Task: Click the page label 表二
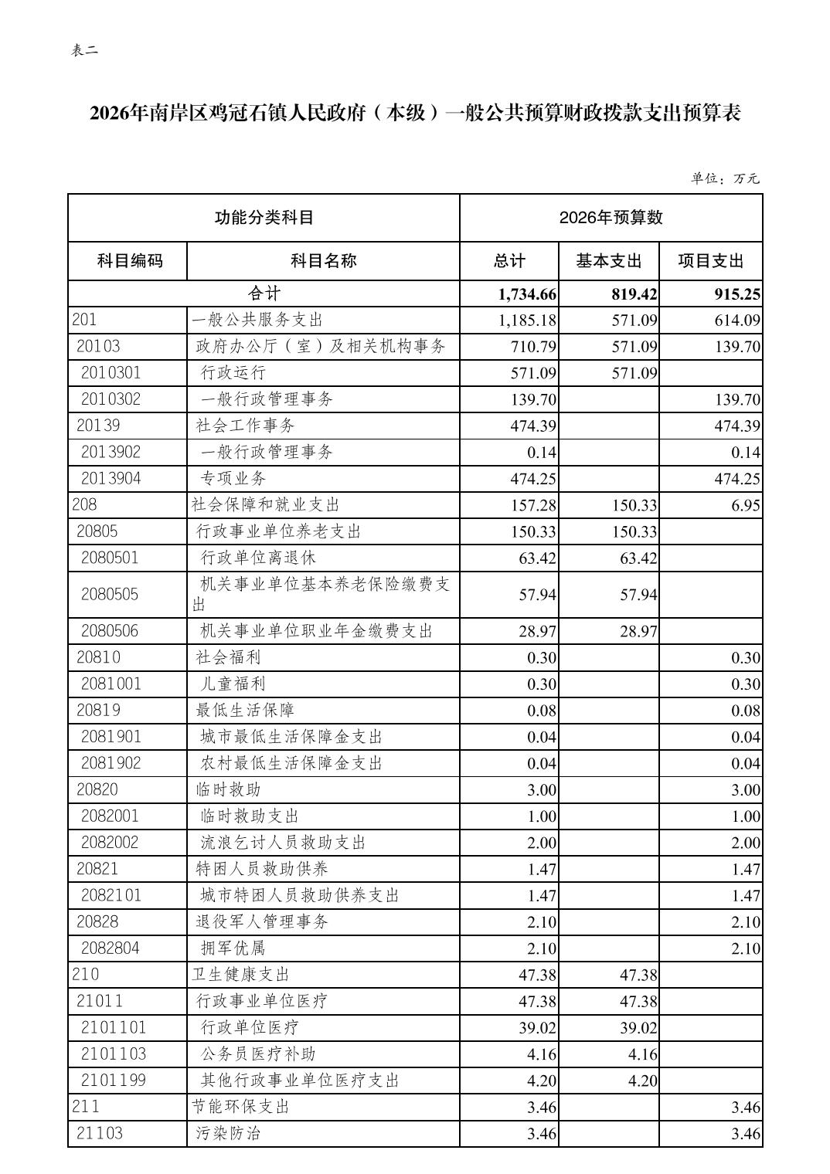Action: coord(85,51)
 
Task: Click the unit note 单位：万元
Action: coord(725,178)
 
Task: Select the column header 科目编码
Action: coord(130,261)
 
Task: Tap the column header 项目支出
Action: coord(710,261)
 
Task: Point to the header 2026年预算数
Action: coord(611,218)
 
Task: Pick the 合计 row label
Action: coord(264,293)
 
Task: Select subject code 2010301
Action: coord(111,373)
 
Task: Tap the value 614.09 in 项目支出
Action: coord(737,321)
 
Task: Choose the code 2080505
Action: coord(110,594)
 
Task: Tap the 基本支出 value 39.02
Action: coord(638,1028)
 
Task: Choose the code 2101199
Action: coord(114,1080)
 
